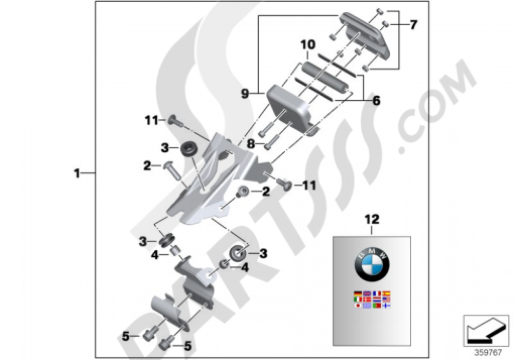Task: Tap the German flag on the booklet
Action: [x=357, y=294]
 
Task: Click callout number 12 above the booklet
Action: [x=372, y=220]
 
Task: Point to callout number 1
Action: [x=77, y=174]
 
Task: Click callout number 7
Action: [x=414, y=24]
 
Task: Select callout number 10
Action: [x=308, y=46]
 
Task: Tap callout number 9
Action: [x=245, y=93]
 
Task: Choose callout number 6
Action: [x=376, y=101]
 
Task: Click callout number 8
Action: [x=251, y=145]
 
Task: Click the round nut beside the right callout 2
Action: [x=242, y=192]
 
